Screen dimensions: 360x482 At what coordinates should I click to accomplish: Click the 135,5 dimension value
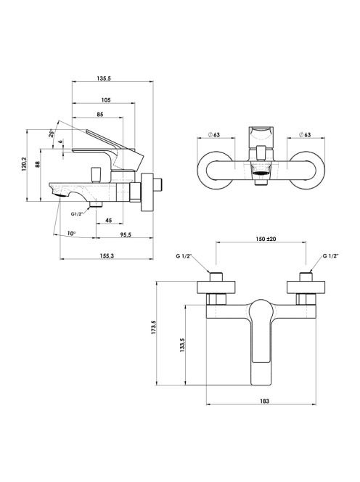104,78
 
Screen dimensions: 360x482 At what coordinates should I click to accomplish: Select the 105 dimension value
106,100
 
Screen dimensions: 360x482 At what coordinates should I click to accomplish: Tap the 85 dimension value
100,115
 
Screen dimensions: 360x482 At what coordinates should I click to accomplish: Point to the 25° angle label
52,134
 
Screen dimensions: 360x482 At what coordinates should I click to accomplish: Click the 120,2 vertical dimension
24,165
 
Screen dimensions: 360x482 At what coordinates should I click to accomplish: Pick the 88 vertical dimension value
38,164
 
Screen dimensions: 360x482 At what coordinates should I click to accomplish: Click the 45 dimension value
109,221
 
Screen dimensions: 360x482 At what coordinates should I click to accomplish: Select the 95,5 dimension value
126,234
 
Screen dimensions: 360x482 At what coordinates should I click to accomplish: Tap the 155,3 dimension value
107,256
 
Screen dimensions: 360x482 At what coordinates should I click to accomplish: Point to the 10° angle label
71,234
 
